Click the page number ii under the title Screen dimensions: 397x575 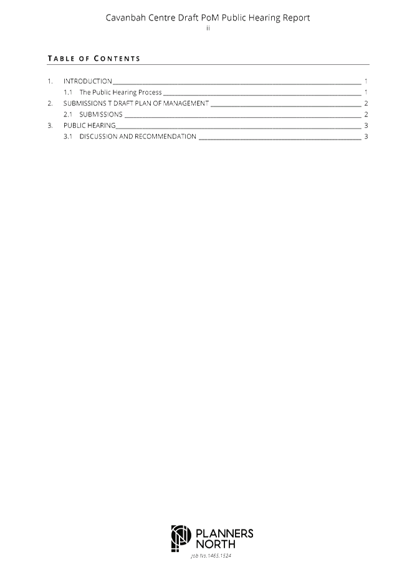[208, 28]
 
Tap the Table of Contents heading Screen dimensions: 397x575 [94, 59]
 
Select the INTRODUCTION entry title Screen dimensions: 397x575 [88, 81]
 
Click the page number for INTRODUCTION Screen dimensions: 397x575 [366, 81]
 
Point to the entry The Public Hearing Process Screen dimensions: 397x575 [120, 92]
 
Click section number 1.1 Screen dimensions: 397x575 [68, 92]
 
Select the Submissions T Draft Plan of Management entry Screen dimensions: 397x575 [136, 103]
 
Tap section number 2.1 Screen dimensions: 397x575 [68, 114]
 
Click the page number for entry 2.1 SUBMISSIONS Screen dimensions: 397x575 [366, 114]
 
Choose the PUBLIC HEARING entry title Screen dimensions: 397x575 [90, 125]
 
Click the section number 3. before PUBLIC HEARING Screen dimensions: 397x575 [50, 125]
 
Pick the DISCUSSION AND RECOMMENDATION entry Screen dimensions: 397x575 [138, 136]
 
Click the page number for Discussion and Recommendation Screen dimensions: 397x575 [366, 136]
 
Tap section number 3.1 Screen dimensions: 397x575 [68, 136]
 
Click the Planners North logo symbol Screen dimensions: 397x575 [181, 538]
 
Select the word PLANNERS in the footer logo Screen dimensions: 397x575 [224, 533]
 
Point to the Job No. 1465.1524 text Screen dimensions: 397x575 [211, 556]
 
